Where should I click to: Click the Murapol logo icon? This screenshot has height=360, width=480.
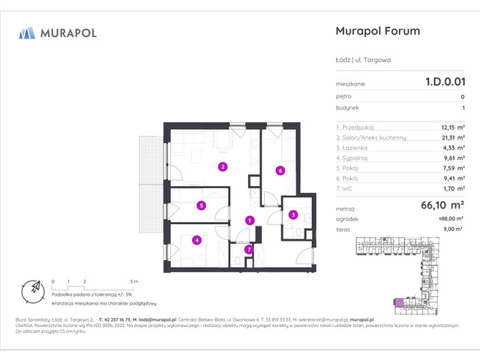[x=27, y=33]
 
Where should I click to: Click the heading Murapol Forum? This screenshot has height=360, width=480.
[x=375, y=31]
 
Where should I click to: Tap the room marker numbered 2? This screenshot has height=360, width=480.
[x=222, y=166]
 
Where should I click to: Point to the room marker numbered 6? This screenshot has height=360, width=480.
[x=279, y=170]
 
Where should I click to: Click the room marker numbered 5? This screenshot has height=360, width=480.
[x=202, y=205]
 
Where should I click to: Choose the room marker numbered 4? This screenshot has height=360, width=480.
[x=196, y=240]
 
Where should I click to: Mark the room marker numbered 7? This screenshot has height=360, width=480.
[x=249, y=249]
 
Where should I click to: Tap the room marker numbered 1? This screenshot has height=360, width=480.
[x=250, y=220]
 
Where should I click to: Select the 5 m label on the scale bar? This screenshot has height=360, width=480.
[x=132, y=280]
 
